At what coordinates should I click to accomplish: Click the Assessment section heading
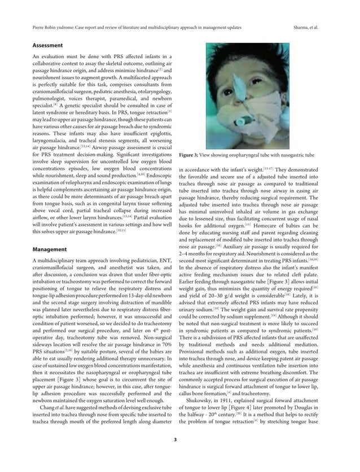(47, 45)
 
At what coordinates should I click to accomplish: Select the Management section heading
(49, 248)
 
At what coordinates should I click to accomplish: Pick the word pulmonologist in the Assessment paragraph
(44, 97)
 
